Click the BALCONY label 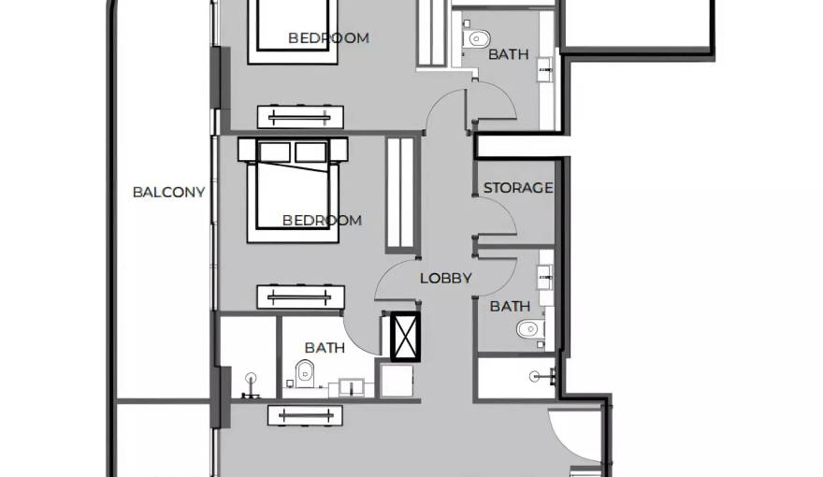pos(168,192)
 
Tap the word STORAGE pos(518,188)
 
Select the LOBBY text pos(445,278)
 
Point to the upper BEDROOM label pos(328,37)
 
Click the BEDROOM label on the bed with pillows pos(322,220)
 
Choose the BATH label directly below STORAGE pos(510,306)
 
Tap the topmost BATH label pos(508,54)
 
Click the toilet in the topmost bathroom pos(477,38)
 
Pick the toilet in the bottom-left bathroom pos(305,373)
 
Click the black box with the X pos(405,337)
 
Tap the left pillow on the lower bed pos(275,152)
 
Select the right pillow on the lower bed pos(310,152)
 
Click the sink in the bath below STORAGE pos(545,276)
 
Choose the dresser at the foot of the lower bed pos(301,297)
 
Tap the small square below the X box pos(397,381)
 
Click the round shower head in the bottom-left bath pos(252,377)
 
